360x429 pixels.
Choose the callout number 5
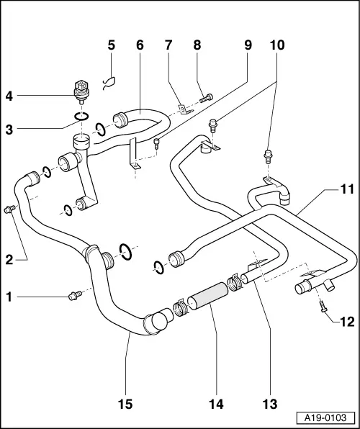click(x=111, y=45)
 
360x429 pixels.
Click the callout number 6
click(x=140, y=45)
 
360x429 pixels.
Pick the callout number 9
click(x=247, y=45)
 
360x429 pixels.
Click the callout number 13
click(x=270, y=405)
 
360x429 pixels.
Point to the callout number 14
click(x=216, y=405)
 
